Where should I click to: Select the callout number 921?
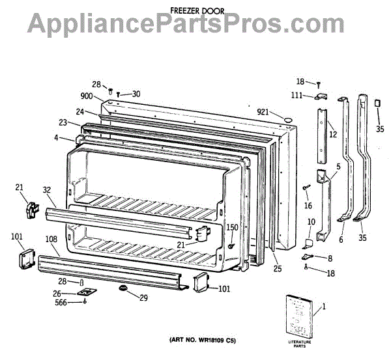point(263,113)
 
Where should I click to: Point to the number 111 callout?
point(297,95)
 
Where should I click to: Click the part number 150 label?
point(232,227)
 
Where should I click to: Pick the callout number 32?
point(47,191)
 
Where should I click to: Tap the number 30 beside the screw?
point(136,94)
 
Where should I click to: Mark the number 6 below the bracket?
point(340,238)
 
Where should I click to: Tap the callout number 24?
point(80,111)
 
